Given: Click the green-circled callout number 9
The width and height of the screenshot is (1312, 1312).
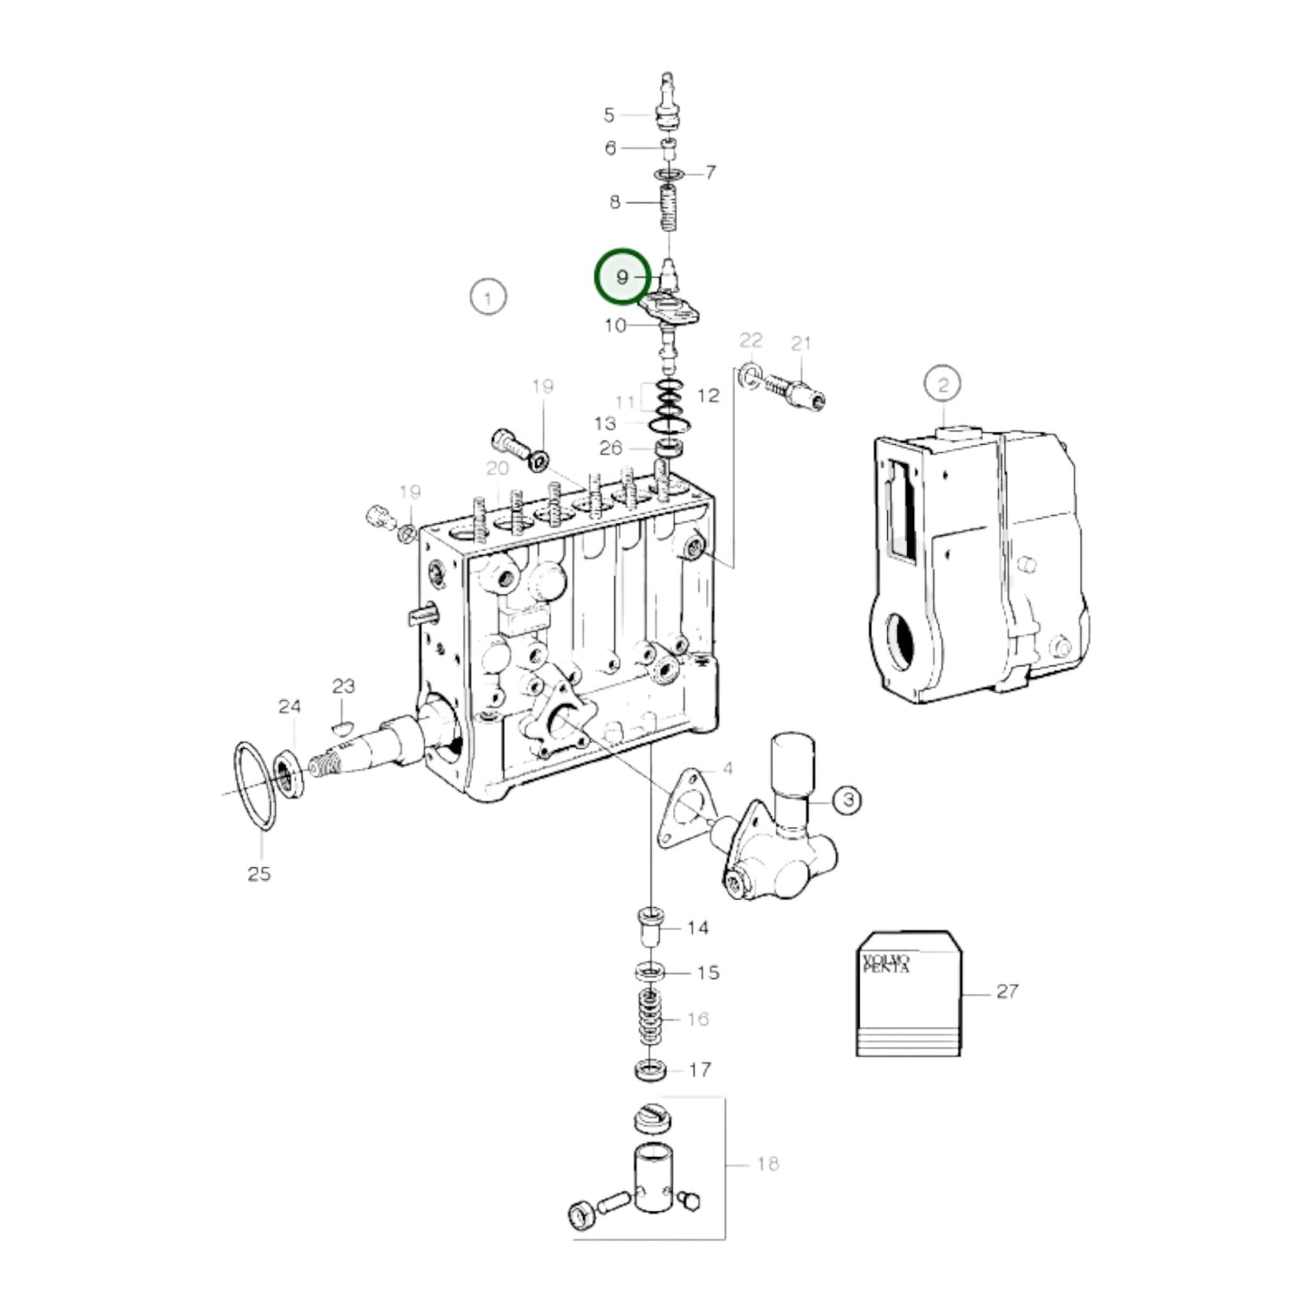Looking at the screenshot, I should click(622, 277).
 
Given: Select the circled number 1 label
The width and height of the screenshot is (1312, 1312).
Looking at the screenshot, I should click(488, 297).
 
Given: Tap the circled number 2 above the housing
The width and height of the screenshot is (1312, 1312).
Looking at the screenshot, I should click(942, 384).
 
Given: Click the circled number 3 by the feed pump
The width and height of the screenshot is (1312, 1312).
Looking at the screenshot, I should click(847, 800).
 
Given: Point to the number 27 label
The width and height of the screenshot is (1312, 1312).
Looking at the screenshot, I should click(1007, 991).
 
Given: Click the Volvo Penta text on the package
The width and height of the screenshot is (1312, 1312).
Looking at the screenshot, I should click(885, 963).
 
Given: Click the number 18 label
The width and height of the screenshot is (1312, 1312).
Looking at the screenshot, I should click(767, 1164).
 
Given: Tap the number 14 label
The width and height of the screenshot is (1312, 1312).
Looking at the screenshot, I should click(697, 928).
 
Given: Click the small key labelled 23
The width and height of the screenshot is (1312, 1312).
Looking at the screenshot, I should click(341, 725).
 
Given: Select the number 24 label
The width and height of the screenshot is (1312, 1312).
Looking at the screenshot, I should click(289, 706).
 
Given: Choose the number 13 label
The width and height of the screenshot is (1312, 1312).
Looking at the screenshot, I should click(606, 423).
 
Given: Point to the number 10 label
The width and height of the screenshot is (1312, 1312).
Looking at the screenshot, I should click(615, 325).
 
